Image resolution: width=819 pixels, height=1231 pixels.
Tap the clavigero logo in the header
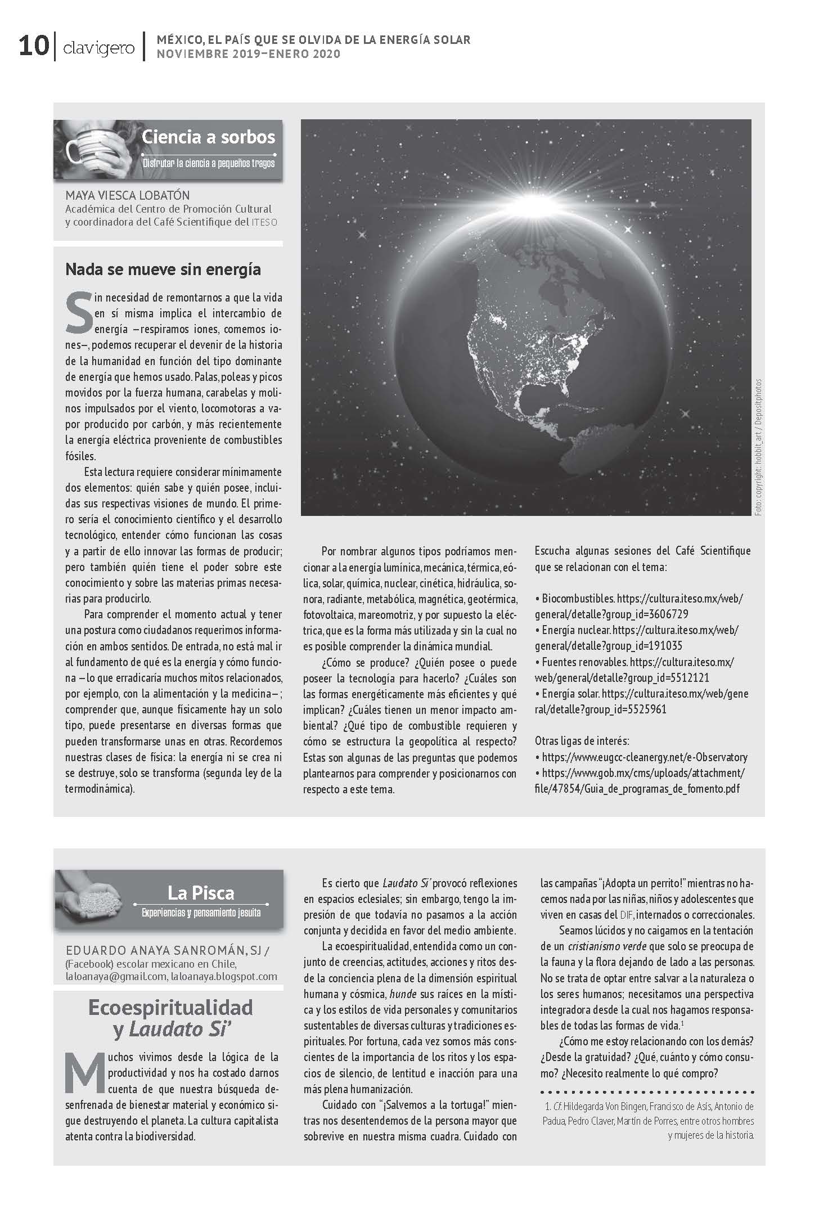coord(99,48)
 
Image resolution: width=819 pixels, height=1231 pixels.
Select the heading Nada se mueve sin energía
coord(163,269)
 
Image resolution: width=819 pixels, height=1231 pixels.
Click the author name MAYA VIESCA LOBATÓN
coord(128,196)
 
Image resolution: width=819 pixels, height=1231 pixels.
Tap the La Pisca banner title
coord(201,892)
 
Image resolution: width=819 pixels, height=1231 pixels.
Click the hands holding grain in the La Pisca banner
coord(93,900)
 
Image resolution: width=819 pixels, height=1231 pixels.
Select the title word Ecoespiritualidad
coord(170,1007)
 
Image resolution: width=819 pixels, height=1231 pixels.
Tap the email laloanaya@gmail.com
coord(115,976)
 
